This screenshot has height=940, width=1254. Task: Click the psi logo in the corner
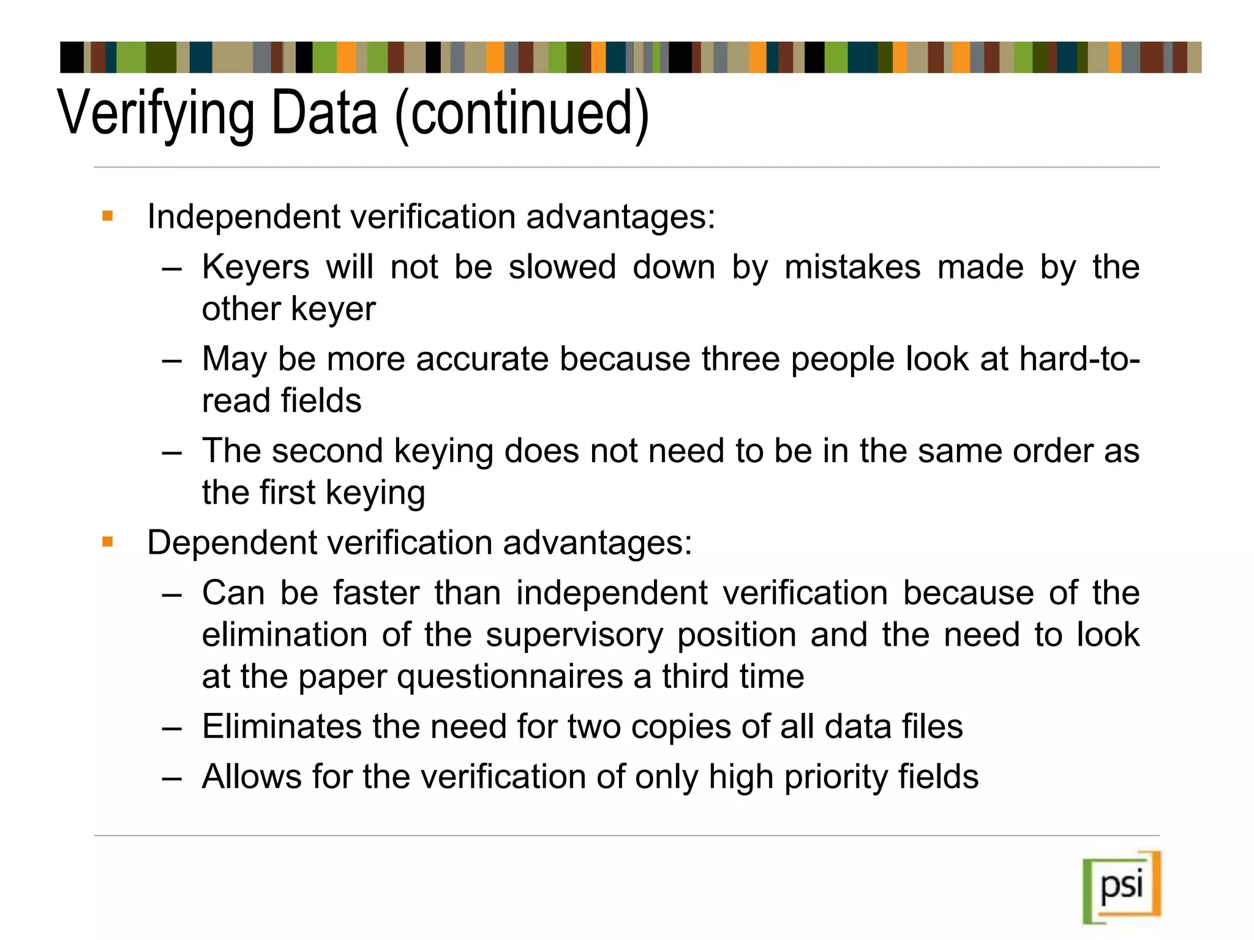click(1122, 887)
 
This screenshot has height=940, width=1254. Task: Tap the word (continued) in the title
click(522, 114)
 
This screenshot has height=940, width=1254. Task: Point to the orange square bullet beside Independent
click(108, 215)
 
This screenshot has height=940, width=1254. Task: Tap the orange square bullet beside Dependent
click(108, 542)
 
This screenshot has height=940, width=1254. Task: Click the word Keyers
click(256, 267)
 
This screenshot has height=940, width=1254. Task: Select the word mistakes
click(852, 267)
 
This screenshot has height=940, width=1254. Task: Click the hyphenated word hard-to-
click(1079, 359)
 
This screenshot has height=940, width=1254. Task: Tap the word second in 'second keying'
click(327, 451)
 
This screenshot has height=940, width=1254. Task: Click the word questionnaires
click(510, 677)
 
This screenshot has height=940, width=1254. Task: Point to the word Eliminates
click(282, 727)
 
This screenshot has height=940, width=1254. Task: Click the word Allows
click(252, 777)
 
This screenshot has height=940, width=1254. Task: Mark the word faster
click(377, 593)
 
